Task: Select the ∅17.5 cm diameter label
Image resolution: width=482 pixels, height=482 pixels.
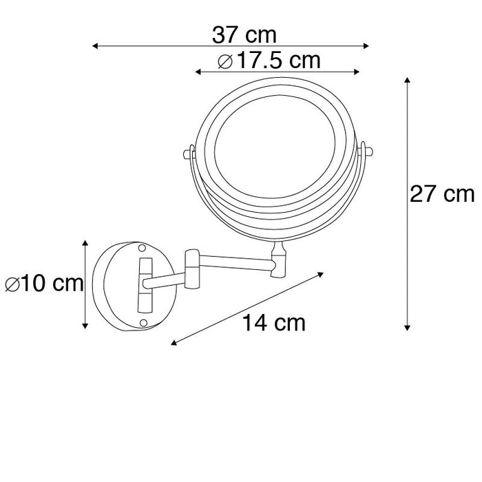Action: click(x=269, y=61)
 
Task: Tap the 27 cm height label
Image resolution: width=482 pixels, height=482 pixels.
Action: click(x=442, y=195)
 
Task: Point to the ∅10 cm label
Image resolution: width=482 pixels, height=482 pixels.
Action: click(x=43, y=283)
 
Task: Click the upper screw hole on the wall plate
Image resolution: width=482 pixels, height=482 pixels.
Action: click(x=143, y=248)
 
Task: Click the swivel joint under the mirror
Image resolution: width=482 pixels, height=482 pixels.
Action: click(x=279, y=261)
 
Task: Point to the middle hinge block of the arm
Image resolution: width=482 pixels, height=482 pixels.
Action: click(x=191, y=269)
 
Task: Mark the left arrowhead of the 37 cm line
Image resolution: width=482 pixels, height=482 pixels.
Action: click(x=95, y=46)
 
